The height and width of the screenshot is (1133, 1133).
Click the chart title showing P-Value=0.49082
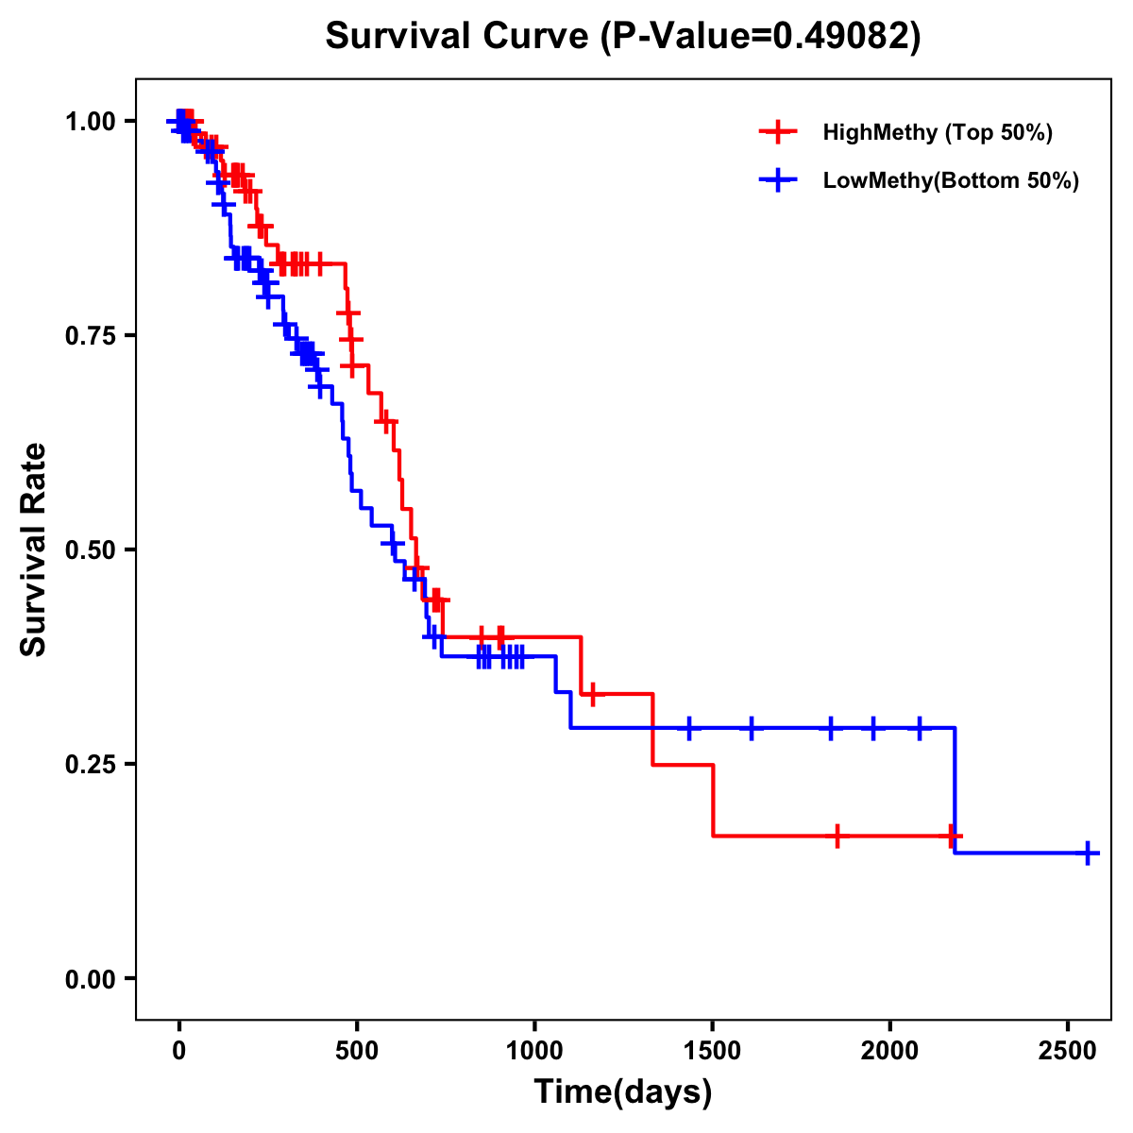(x=623, y=36)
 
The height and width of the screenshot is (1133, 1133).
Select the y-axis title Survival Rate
(x=34, y=549)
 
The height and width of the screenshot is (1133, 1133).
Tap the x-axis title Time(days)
(x=623, y=1092)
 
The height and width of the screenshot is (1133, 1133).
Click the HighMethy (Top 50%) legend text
(x=938, y=132)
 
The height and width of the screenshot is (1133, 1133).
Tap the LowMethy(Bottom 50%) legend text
(x=951, y=181)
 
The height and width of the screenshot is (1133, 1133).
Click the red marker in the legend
(x=778, y=132)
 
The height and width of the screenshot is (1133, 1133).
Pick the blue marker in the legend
(x=778, y=181)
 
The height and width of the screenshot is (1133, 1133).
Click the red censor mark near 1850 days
(x=837, y=836)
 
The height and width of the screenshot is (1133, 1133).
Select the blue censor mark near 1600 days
(x=752, y=728)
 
